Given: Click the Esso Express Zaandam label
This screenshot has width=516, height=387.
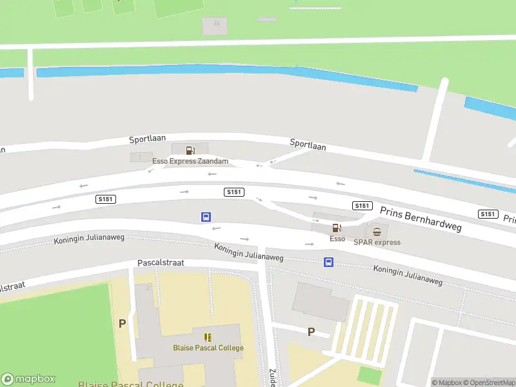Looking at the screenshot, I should pos(190,161).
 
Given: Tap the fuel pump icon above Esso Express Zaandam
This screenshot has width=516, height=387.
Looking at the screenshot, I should pos(190,150).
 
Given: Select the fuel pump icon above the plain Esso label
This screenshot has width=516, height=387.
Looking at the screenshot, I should pos(336,228).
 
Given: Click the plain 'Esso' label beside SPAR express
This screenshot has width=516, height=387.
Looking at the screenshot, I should pos(337,239).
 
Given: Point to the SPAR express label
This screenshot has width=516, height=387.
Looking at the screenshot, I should pos(377,243).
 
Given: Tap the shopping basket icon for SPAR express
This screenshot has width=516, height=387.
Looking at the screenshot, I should pos(377,232).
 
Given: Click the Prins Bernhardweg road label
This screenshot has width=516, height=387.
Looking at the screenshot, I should pos(421,219).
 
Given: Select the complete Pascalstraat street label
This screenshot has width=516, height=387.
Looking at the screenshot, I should pos(161,264).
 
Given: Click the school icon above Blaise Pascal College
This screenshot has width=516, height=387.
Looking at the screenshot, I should pos(208,337).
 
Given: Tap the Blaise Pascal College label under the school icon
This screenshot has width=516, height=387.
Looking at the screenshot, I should pos(208,348).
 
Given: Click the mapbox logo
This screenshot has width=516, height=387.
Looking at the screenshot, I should pos(28,379).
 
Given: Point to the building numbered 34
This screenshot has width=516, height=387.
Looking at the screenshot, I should pos(215,26).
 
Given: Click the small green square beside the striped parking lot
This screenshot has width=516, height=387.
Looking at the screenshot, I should pos(369,375).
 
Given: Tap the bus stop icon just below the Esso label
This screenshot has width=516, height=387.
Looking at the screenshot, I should pos(328,262).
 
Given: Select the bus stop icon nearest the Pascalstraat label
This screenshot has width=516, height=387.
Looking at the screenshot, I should pos(206,217).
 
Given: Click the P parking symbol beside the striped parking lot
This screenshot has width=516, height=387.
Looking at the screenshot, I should pos(311,332).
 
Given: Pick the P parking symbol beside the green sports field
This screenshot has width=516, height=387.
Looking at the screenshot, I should pos(122,323).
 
